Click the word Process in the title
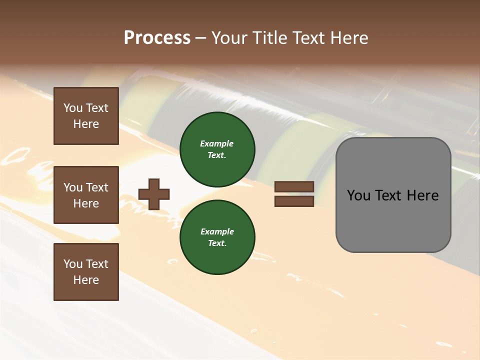[x=157, y=38]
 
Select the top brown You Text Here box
[x=86, y=116]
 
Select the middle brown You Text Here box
[x=86, y=195]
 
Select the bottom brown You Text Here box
[x=86, y=272]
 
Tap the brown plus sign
[x=154, y=194]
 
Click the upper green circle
[x=217, y=149]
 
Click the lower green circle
[x=217, y=237]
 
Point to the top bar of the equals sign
[x=294, y=186]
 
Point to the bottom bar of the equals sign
[x=294, y=201]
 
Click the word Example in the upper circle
[x=217, y=143]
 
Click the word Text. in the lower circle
[x=217, y=243]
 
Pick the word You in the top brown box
[x=73, y=108]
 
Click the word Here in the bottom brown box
[x=86, y=280]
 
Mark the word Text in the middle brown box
[x=97, y=187]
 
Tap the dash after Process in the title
[x=200, y=38]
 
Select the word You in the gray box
[x=358, y=195]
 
